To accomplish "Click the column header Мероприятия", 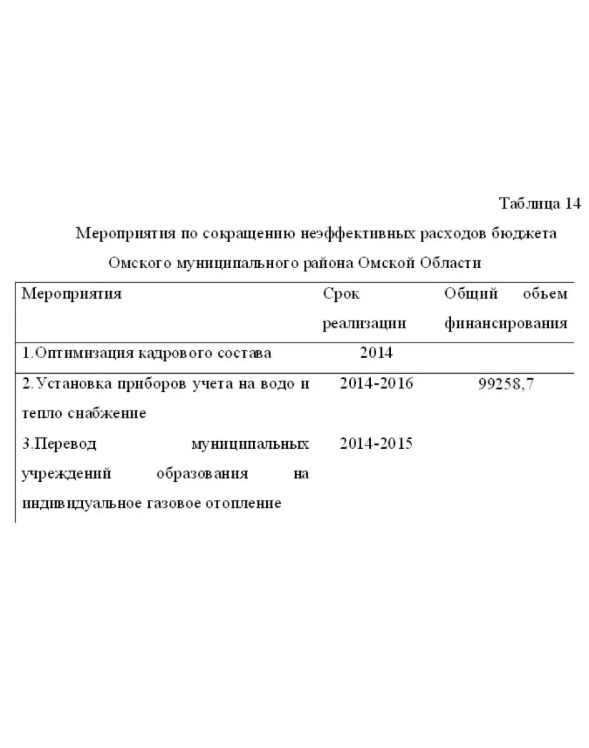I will (72, 293).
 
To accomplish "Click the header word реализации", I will (364, 323).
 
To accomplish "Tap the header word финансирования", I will (506, 323).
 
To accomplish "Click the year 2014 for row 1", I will (376, 353).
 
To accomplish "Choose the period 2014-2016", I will (376, 383).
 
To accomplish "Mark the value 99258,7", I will (506, 383).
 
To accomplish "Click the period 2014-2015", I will (376, 444).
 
